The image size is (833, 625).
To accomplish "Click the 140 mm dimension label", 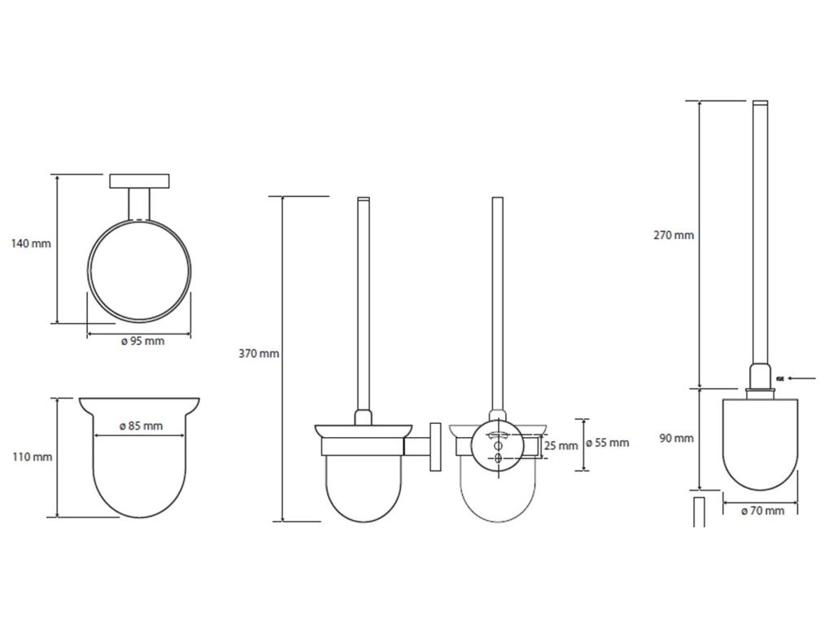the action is click(32, 243).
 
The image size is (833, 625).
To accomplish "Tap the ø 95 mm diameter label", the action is click(143, 341).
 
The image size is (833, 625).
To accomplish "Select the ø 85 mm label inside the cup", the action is click(142, 426).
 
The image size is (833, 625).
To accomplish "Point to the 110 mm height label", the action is click(33, 457).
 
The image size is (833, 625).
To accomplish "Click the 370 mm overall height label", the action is click(259, 353).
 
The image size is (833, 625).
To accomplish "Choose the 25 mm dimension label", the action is click(561, 446).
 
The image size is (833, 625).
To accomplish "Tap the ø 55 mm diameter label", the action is click(608, 443).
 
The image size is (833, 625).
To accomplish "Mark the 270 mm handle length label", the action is click(674, 235).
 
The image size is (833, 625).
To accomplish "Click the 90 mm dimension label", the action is click(677, 439).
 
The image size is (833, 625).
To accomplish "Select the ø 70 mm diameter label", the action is click(763, 511).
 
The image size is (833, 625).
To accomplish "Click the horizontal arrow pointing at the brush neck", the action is click(803, 378).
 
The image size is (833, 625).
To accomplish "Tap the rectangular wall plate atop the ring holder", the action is click(139, 181).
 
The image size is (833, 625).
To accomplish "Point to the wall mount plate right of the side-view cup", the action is click(436, 447).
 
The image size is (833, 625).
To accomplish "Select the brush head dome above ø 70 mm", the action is click(761, 444).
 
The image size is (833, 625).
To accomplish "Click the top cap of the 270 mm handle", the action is click(761, 102).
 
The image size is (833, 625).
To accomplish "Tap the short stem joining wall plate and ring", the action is click(139, 204).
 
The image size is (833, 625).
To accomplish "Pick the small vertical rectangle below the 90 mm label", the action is click(699, 513).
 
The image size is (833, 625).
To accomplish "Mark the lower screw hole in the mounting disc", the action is click(499, 458).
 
